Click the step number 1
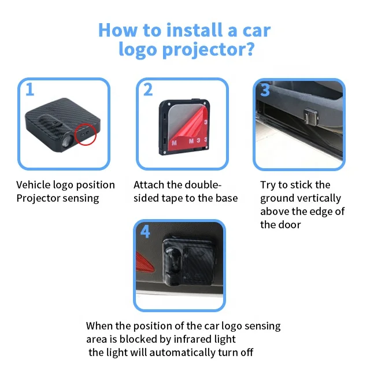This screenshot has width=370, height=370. [x=29, y=90]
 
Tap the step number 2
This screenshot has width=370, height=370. [x=148, y=90]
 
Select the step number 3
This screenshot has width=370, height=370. [x=265, y=90]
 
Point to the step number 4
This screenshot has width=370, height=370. [x=145, y=231]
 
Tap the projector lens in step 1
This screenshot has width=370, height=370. [x=66, y=141]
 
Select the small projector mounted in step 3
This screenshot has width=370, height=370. [x=311, y=116]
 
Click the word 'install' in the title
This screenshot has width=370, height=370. [x=194, y=30]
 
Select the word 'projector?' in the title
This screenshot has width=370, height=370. [x=209, y=50]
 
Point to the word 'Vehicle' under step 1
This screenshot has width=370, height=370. [x=34, y=185]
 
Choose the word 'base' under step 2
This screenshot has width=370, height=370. [x=227, y=198]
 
